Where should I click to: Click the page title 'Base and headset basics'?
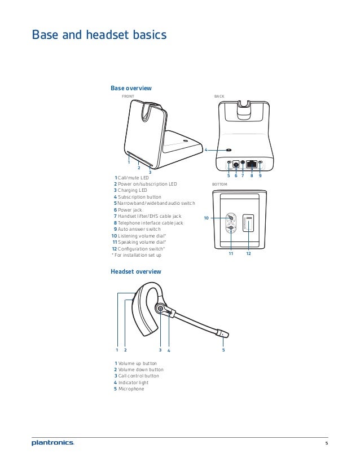99,36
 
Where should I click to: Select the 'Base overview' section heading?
131,89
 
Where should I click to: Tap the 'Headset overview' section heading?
135,271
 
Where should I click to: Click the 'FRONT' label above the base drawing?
128,96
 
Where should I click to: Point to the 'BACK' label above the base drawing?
219,96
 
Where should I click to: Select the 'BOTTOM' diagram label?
219,184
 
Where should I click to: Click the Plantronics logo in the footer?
52,443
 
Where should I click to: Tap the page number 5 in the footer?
326,443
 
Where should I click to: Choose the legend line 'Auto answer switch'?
139,229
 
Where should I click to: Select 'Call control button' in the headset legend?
139,376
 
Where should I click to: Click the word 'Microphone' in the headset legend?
131,389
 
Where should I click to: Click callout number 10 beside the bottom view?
207,218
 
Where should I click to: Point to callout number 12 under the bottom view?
248,254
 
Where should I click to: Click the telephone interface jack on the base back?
252,164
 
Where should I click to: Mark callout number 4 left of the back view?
207,150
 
